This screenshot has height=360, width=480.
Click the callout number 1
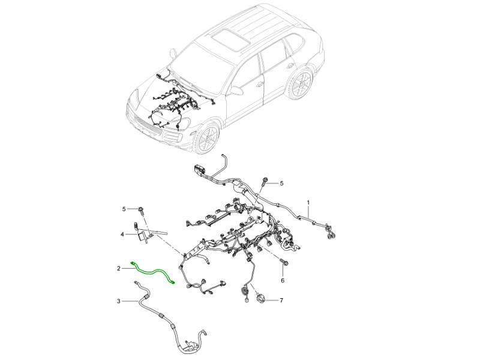coord(308,203)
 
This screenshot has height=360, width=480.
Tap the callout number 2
coord(118,268)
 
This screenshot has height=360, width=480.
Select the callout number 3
coord(118,301)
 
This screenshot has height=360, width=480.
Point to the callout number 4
coord(122,235)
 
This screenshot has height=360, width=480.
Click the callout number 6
coord(283,280)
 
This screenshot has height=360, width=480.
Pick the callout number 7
coord(281,301)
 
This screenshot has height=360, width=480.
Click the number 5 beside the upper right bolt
coord(281,184)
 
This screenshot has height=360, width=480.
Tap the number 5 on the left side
coord(124,209)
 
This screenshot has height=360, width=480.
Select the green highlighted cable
coord(153,272)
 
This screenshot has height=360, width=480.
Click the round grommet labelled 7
coord(261,298)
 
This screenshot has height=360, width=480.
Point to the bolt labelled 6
coord(283,262)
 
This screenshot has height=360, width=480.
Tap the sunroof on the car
coord(230,38)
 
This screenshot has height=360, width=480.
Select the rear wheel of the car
coord(300,83)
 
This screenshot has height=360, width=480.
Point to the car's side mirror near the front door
coord(236,90)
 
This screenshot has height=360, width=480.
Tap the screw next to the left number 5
coord(142,211)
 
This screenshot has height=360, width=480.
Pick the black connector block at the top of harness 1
coord(200,170)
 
